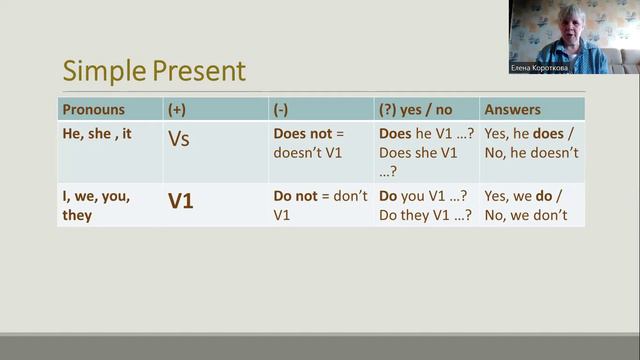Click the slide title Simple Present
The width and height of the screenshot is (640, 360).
pyautogui.click(x=154, y=71)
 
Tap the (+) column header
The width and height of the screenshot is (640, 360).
pyautogui.click(x=177, y=109)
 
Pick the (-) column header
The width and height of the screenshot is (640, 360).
pyautogui.click(x=282, y=109)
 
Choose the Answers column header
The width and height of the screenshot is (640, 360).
pyautogui.click(x=511, y=109)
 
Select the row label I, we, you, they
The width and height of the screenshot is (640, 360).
pyautogui.click(x=96, y=204)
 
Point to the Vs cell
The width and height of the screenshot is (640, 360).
pyautogui.click(x=178, y=139)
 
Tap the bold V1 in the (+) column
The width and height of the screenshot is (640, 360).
pyautogui.click(x=180, y=201)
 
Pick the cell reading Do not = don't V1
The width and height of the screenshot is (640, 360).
pyautogui.click(x=320, y=204)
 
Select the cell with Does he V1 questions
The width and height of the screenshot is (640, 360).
pyautogui.click(x=425, y=152)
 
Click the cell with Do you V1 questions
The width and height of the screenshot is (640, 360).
pyautogui.click(x=425, y=204)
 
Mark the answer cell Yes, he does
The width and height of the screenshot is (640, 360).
pyautogui.click(x=530, y=143)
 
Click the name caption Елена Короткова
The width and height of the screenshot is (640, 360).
pyautogui.click(x=546, y=68)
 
